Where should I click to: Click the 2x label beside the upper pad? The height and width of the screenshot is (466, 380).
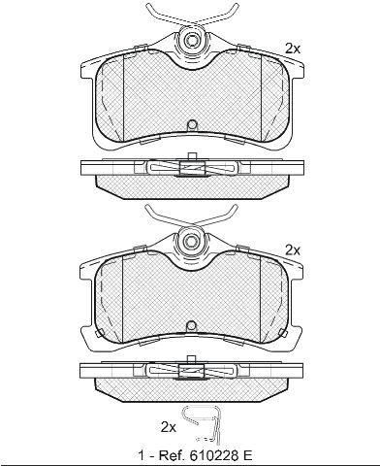293,49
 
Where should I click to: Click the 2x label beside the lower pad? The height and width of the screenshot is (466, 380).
293,250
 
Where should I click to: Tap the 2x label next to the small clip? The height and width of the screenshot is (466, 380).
169,427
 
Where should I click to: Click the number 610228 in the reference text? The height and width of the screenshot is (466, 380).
210,456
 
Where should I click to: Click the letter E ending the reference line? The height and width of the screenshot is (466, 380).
247,456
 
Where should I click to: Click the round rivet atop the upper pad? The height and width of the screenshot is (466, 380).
191,40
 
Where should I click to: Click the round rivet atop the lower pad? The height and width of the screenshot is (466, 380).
191,241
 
